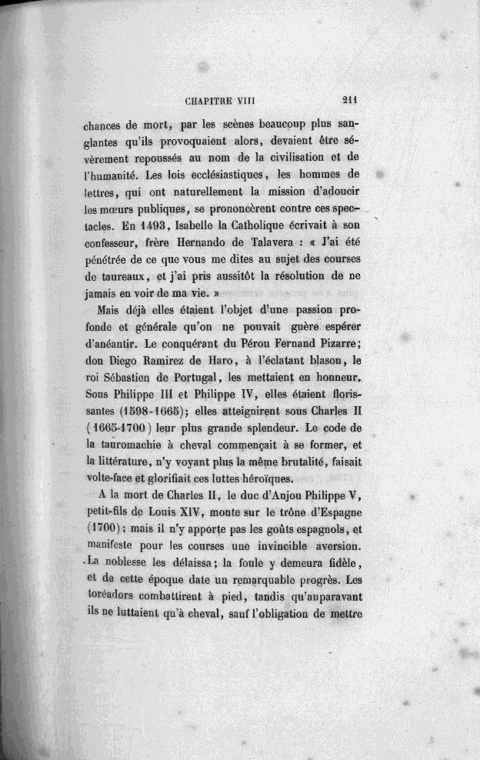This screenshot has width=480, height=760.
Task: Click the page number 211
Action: pyautogui.click(x=353, y=98)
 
